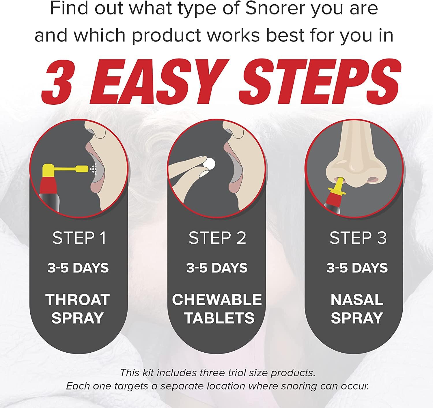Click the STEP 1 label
79,238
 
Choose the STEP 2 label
217,238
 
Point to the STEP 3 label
358,238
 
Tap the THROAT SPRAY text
77,309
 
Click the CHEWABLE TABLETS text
217,309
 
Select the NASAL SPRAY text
357,309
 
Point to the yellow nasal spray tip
340,185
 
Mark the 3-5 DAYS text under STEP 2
217,268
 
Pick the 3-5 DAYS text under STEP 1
78,268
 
